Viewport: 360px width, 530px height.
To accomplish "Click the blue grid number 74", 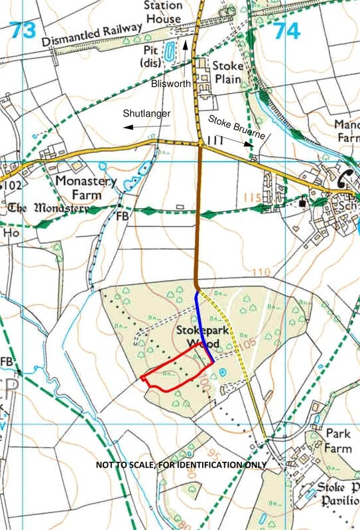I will coord(287,30).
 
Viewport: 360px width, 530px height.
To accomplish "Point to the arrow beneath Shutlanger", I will coord(147,126).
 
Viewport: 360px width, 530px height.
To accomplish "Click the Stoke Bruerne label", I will coord(237,127).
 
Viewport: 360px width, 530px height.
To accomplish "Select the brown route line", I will coord(199,212).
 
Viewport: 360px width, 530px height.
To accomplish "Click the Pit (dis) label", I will coord(147,56).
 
